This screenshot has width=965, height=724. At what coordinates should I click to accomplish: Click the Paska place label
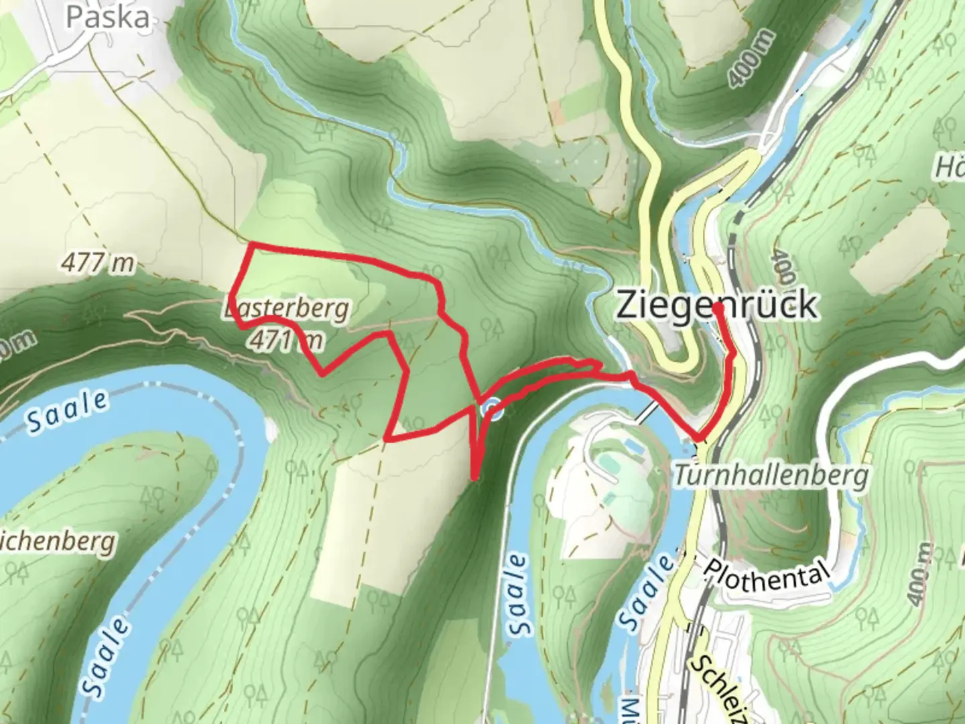click(107, 16)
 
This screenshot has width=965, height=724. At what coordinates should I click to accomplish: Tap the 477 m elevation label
click(98, 263)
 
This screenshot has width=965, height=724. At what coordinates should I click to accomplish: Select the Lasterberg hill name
click(287, 309)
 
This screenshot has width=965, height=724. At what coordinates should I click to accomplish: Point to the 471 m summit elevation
click(285, 341)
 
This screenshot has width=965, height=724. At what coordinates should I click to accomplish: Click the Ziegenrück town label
click(716, 305)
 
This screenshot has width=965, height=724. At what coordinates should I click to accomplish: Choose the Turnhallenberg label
click(771, 476)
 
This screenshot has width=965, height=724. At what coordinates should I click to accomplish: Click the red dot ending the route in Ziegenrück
click(717, 308)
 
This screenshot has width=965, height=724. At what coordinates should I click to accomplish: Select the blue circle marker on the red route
click(493, 409)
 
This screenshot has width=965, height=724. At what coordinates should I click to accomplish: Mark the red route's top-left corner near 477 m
click(250, 245)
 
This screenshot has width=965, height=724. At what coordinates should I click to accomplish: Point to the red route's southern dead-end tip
click(474, 477)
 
